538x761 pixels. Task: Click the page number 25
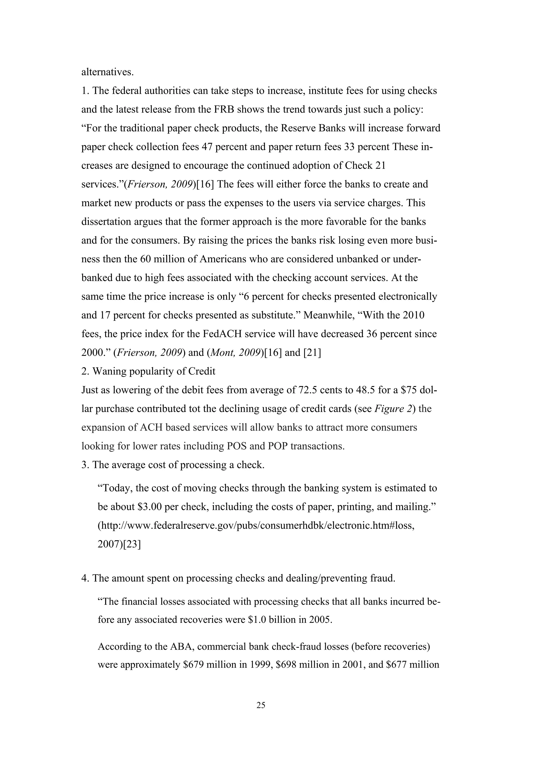coord(261,705)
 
